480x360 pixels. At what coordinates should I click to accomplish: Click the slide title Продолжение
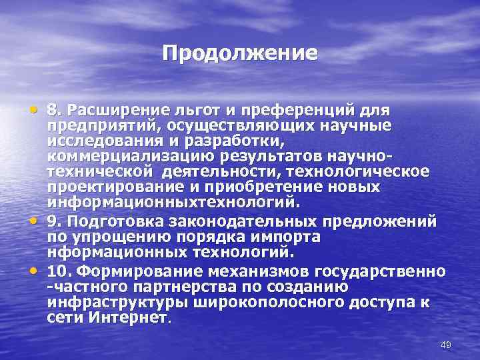pos(240,53)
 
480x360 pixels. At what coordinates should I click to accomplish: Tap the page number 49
pos(446,344)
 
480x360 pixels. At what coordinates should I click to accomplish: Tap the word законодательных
pos(233,221)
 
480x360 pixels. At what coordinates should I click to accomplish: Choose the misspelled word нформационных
pos(107,251)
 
